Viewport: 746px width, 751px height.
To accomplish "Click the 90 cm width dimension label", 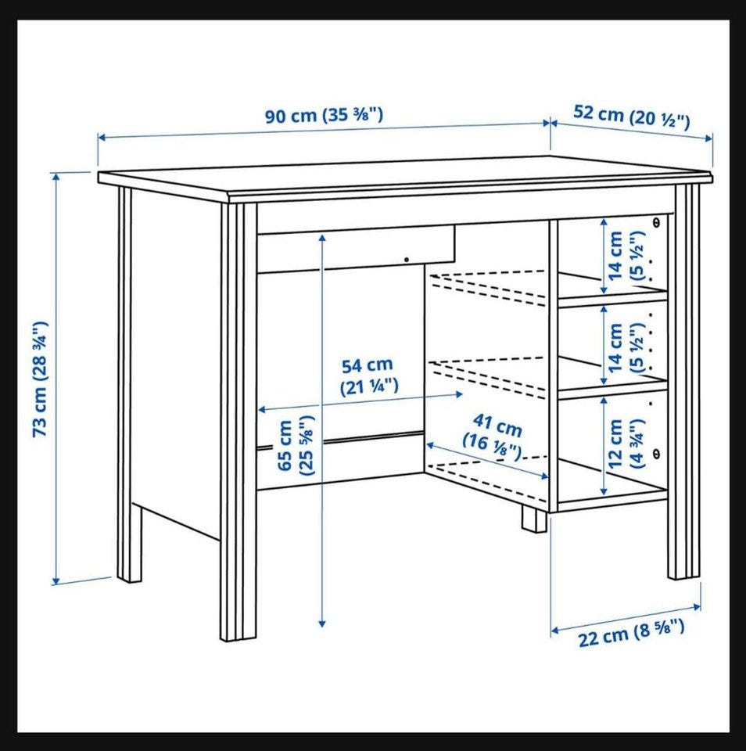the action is [x=325, y=116].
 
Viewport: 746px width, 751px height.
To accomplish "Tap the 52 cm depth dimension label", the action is [x=632, y=117].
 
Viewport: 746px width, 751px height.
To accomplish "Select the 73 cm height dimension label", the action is [x=40, y=379].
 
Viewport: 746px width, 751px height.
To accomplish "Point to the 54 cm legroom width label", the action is [x=368, y=375].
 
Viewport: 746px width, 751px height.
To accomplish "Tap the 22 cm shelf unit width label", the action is [x=632, y=632].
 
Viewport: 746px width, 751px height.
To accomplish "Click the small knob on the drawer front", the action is [x=407, y=260].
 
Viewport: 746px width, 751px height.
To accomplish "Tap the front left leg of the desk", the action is [x=239, y=422].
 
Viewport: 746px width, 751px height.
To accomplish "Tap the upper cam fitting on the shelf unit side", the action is [x=656, y=221].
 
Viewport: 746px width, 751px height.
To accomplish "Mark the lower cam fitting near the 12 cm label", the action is [x=656, y=453].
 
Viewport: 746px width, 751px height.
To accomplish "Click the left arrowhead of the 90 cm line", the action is [x=102, y=138].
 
